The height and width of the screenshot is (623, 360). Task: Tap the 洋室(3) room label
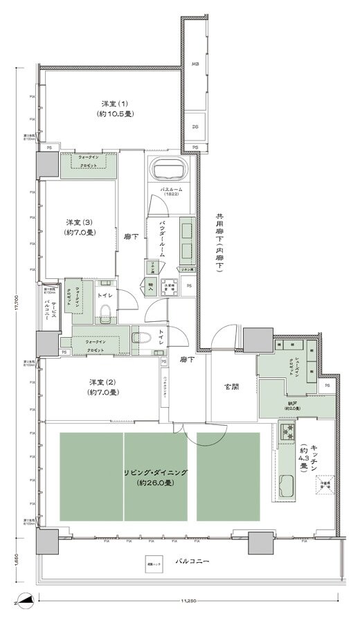80,226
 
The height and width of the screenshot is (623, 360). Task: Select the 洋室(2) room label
102,387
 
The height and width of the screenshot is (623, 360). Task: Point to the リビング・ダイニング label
158,476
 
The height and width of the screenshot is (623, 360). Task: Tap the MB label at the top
195,64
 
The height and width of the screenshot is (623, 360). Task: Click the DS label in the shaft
195,127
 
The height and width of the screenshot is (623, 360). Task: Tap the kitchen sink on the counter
287,485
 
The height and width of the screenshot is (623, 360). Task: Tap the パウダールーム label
162,240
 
